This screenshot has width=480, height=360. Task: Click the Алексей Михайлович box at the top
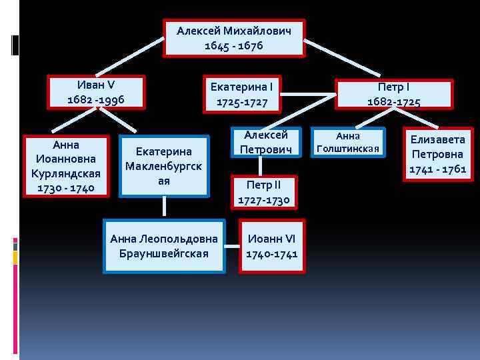[234, 38]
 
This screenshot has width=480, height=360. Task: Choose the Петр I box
[394, 94]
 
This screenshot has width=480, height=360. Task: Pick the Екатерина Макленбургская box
[164, 167]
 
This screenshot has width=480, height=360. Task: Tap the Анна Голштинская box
[347, 142]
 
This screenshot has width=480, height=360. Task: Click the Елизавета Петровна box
[438, 154]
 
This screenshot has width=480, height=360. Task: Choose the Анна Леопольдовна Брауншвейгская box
[164, 245]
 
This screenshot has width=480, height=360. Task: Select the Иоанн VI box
[272, 245]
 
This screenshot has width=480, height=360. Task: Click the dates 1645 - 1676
[234, 46]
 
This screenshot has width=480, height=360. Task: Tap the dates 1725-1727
[243, 103]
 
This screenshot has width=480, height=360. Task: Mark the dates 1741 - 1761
[438, 169]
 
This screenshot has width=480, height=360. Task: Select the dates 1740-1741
[272, 253]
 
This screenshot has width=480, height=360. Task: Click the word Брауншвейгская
[164, 253]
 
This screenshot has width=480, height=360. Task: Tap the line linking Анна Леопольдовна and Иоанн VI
[232, 245]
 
